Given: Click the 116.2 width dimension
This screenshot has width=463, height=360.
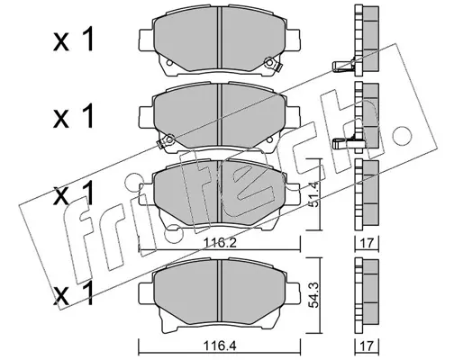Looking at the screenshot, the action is click(x=220, y=243).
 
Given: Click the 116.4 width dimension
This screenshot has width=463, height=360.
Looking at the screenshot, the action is click(x=220, y=347).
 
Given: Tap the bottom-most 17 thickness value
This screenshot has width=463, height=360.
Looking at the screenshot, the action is click(x=367, y=347).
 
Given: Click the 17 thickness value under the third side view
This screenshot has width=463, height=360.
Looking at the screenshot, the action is click(x=367, y=243).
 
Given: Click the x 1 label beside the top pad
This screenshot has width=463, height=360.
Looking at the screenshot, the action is click(x=74, y=40).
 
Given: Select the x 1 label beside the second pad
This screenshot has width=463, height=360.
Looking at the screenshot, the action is click(x=74, y=116).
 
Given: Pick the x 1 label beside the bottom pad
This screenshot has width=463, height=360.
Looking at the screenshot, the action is click(x=74, y=294).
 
